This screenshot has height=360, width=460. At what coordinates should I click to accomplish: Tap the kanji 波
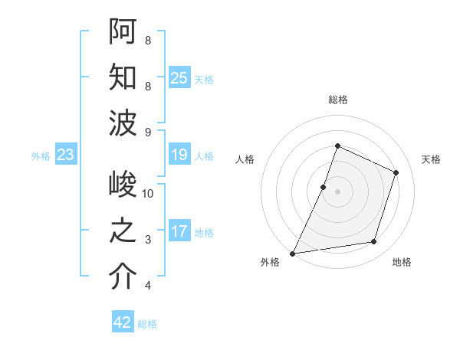click(x=123, y=123)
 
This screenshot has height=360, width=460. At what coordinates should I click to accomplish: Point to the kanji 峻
click(x=123, y=185)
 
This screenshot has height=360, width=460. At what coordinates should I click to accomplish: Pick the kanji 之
click(x=123, y=231)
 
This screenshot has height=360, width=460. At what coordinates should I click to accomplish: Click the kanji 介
click(x=123, y=277)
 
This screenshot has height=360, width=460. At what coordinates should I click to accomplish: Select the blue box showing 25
click(x=179, y=77)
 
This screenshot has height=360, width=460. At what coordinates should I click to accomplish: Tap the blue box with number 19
click(x=179, y=155)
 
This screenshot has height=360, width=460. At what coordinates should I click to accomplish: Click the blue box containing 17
click(x=179, y=231)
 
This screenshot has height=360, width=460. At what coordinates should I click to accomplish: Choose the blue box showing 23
click(x=65, y=155)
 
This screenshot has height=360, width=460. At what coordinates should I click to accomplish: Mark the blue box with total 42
click(x=123, y=322)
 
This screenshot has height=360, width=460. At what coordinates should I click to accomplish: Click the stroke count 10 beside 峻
click(x=148, y=194)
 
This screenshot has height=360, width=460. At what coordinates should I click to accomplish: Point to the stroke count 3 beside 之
click(x=148, y=240)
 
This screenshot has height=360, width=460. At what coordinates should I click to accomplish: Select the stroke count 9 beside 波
click(x=148, y=133)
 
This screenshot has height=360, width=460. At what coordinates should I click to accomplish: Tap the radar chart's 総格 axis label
click(x=337, y=100)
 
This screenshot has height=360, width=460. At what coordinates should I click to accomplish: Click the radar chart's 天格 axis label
click(x=431, y=159)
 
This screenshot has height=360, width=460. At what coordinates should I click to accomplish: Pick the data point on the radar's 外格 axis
click(x=292, y=253)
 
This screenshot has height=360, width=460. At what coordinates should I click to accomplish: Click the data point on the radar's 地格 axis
click(x=374, y=242)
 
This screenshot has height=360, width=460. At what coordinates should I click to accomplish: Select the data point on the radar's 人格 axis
click(x=324, y=187)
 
